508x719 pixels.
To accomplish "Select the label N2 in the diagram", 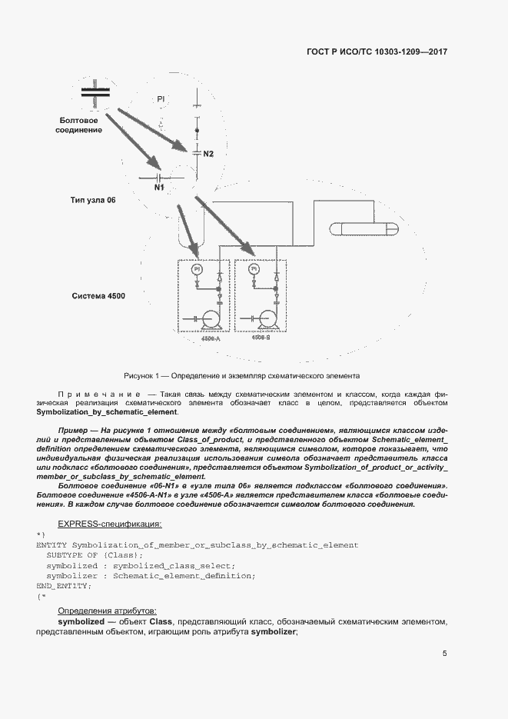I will coord(208,154).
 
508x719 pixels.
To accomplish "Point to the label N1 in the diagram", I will coord(160,187).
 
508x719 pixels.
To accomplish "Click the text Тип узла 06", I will coord(92,200).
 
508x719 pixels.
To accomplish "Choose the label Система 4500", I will coord(98,296).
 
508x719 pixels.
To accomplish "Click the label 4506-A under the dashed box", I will coord(210,338).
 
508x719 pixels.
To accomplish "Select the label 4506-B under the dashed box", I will coord(261,338).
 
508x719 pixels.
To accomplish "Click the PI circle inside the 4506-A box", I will coord(197,269).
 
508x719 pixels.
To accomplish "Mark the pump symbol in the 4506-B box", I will coord(267,318).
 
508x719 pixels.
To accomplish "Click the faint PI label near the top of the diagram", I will coord(161,99).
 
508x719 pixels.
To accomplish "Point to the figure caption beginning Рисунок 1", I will coord(241,376).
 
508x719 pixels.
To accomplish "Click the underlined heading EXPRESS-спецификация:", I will coord(110,524).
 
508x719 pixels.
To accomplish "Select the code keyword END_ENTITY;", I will coord(64,586).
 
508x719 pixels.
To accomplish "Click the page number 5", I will coord(444,654).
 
